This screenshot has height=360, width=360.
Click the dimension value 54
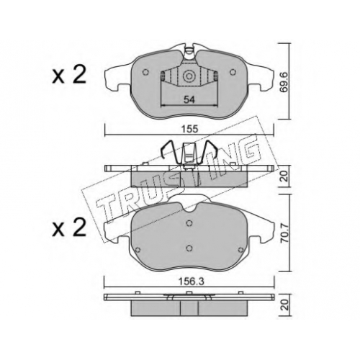pyautogui.click(x=189, y=99)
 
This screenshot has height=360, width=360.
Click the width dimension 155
pyautogui.click(x=189, y=129)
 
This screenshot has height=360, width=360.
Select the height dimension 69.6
pyautogui.click(x=285, y=81)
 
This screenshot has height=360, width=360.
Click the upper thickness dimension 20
pyautogui.click(x=285, y=176)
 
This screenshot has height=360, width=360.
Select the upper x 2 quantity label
pyautogui.click(x=69, y=75)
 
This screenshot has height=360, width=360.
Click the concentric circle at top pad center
pyautogui.click(x=189, y=76)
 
